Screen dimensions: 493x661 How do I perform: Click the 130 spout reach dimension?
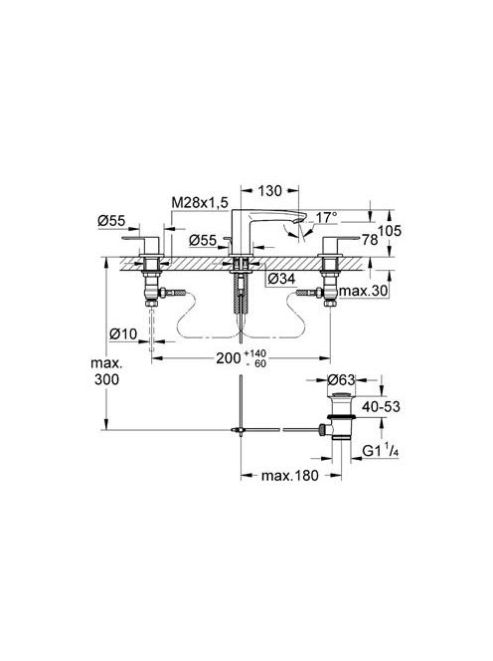(x=270, y=191)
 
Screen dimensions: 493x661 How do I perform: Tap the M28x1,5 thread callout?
(x=200, y=203)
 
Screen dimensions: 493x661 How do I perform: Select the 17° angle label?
(x=327, y=218)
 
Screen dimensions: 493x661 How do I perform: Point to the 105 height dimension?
(x=390, y=231)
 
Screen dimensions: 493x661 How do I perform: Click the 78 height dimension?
(x=370, y=240)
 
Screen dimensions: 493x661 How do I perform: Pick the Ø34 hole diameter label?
(x=281, y=278)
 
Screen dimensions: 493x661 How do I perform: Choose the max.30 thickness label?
(x=364, y=291)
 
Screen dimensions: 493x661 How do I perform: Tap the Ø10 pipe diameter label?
(x=123, y=334)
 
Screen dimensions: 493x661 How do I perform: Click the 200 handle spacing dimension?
(x=229, y=358)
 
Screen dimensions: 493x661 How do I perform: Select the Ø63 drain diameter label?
(x=342, y=380)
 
